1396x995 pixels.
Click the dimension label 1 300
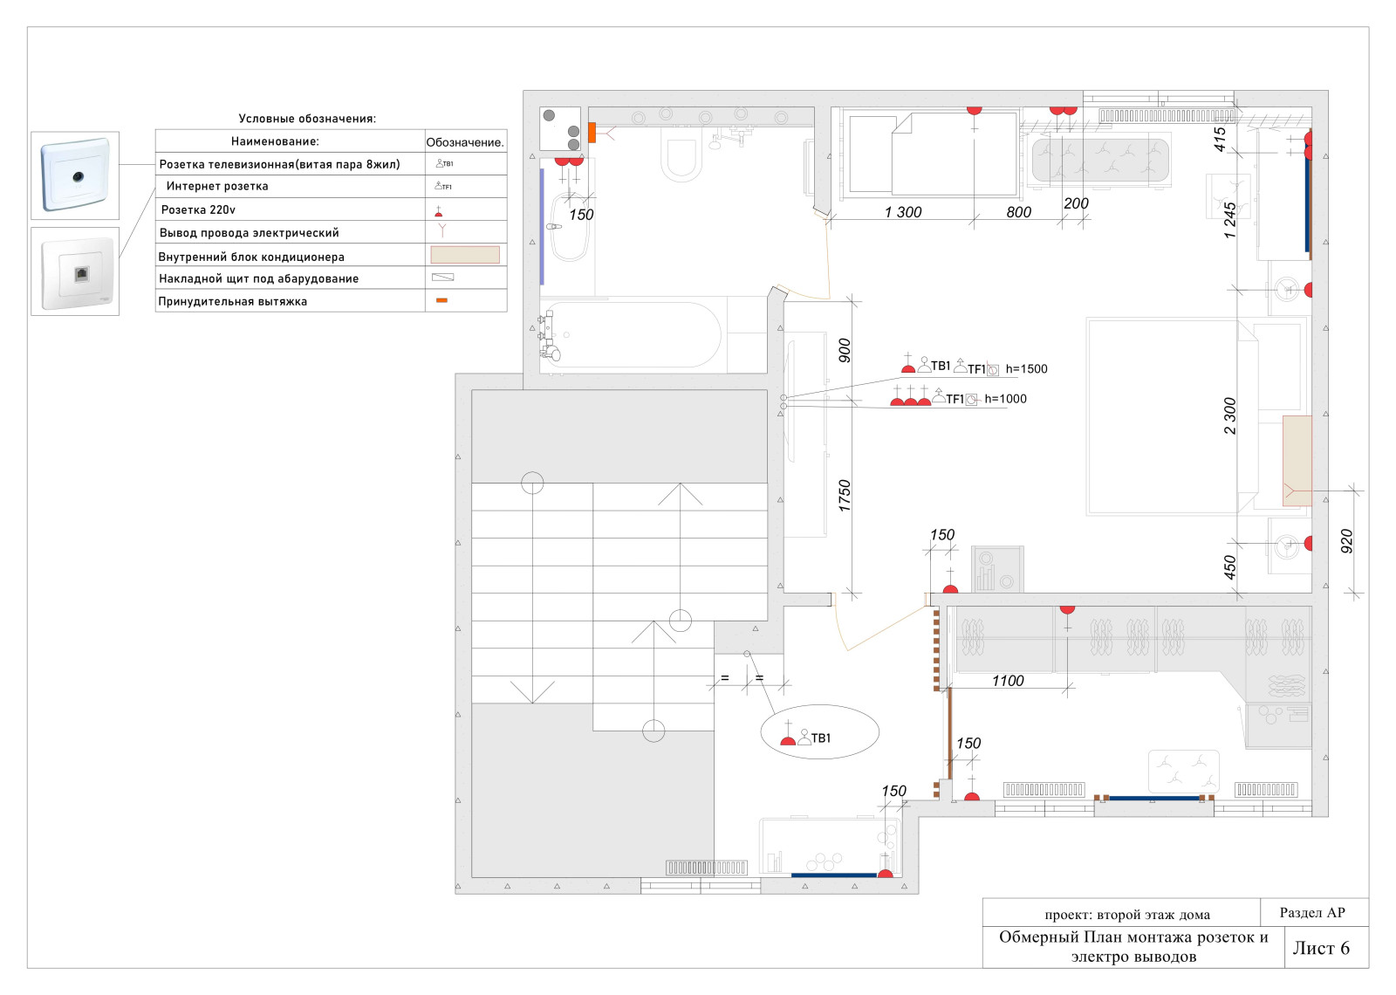[903, 212]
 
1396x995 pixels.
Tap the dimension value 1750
[845, 497]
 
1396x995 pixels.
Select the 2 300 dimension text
[1229, 415]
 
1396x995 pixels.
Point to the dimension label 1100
[1008, 681]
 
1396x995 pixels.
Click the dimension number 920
[1347, 541]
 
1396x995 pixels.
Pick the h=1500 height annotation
[1026, 369]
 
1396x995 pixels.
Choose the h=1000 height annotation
[1005, 399]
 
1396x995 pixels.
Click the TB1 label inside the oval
[821, 738]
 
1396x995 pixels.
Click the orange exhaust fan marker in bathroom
[592, 132]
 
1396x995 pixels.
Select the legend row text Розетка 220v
[198, 210]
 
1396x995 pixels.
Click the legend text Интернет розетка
[217, 187]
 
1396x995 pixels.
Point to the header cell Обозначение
[465, 142]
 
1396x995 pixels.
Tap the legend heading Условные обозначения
[307, 119]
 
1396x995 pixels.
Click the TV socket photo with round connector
[75, 175]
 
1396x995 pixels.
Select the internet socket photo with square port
[75, 271]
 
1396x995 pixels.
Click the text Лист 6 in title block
[1321, 948]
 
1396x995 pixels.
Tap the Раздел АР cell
[1312, 913]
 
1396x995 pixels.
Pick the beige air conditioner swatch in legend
[465, 255]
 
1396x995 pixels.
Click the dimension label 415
[1220, 139]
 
